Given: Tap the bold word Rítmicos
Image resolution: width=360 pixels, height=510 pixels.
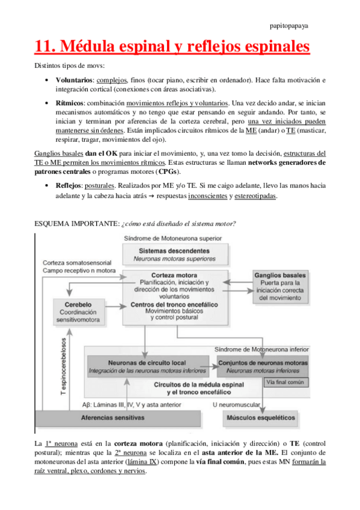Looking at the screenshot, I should point(69,103).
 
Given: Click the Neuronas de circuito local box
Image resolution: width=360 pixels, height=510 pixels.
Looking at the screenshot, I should point(147,366).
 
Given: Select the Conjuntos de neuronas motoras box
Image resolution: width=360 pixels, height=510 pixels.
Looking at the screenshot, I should point(263,366).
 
